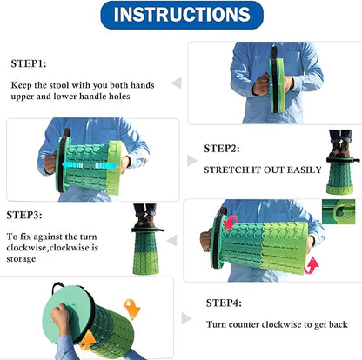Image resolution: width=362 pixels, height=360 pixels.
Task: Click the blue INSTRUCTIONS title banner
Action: [182, 15]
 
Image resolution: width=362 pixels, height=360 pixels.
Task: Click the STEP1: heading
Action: [29, 63]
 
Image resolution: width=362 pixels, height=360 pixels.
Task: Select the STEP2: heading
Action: [222, 149]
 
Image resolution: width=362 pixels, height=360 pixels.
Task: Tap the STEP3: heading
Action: [24, 215]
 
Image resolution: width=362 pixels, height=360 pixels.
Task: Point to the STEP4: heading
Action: [224, 303]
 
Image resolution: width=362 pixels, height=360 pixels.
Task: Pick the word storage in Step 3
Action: [21, 259]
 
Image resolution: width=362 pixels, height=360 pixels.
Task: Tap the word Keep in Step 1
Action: [21, 85]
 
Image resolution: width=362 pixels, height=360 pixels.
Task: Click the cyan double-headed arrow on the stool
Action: [89, 165]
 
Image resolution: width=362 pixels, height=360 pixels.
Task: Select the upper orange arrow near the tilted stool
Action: [131, 310]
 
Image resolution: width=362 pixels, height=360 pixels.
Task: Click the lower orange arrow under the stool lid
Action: [87, 341]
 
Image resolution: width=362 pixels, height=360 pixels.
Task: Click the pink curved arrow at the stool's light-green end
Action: [311, 265]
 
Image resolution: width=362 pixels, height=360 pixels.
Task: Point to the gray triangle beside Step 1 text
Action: [177, 83]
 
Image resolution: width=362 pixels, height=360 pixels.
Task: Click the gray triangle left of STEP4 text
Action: [186, 318]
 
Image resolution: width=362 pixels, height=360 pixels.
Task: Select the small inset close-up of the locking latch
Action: [339, 211]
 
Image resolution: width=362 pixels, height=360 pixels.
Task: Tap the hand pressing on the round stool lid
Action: [61, 317]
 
